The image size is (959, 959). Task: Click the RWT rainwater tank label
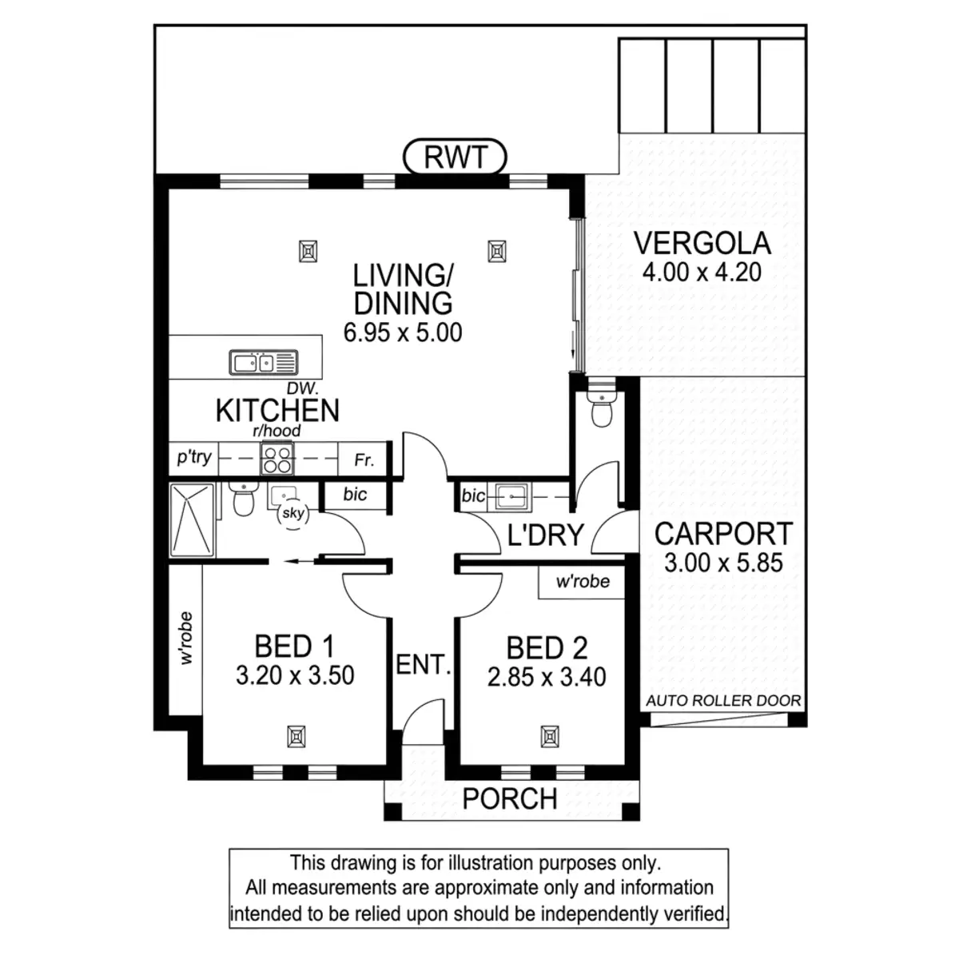[456, 157]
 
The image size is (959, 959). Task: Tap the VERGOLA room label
[702, 243]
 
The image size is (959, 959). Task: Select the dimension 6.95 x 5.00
[403, 332]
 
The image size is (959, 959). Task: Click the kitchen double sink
[264, 363]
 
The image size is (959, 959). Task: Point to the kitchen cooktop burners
[277, 460]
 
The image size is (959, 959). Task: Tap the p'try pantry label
[193, 457]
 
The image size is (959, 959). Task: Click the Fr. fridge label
[364, 461]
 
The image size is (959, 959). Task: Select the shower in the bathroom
[192, 519]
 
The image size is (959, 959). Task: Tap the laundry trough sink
[508, 496]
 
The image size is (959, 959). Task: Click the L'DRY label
[546, 535]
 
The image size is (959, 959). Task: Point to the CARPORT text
[723, 533]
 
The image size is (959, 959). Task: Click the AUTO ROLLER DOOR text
[723, 701]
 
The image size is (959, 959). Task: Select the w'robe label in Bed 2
[583, 582]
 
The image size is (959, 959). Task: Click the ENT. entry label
[424, 664]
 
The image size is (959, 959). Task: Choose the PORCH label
[510, 798]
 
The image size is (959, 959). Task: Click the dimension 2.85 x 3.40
[547, 678]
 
